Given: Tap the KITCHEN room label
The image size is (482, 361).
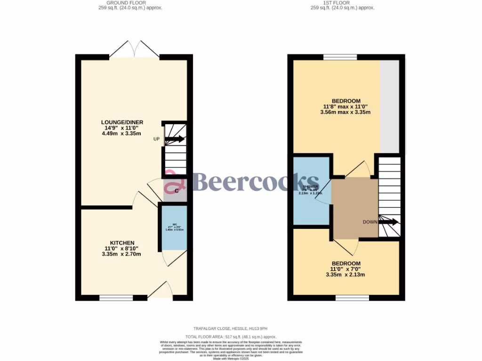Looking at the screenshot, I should pos(122,243).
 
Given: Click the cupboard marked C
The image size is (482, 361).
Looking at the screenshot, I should pos(175,190).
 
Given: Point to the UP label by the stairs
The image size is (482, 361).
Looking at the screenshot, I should pos(156,139).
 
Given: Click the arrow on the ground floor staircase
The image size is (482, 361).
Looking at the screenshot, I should pos(175,139).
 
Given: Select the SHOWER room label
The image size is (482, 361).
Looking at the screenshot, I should pos(311,187).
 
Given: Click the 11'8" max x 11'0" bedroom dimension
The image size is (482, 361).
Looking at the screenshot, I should pos(346,107).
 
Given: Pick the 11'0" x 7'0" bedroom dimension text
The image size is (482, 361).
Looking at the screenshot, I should pos(346,269).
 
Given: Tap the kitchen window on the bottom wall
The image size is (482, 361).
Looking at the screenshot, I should pos(116,298).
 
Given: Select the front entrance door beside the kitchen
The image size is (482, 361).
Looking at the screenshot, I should pos(161,290).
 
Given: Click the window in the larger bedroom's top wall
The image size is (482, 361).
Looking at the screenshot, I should pos(340,57).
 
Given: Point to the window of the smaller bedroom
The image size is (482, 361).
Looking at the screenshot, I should pos(352,298).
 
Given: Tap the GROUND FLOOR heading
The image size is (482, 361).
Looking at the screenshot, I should pos(120,3).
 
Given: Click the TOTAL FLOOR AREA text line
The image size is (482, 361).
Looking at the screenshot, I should pos(231,337).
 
